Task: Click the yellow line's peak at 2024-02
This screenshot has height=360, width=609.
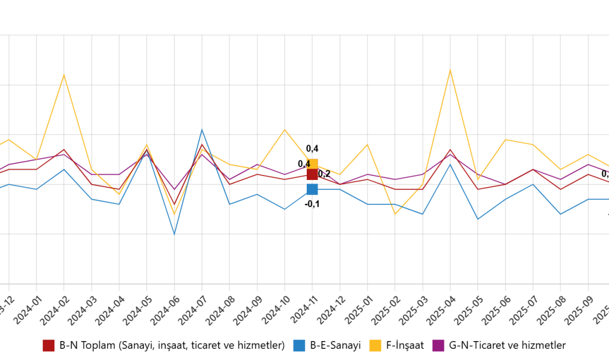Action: (64, 75)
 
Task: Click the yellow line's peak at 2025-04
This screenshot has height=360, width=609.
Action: (450, 69)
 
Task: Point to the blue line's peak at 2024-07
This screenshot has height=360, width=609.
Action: (202, 130)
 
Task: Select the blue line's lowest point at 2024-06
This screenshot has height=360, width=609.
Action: (174, 234)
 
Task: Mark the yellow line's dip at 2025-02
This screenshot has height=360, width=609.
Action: (395, 214)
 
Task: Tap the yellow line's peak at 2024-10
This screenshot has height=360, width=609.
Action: (285, 130)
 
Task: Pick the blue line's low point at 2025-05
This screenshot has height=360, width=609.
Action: (478, 219)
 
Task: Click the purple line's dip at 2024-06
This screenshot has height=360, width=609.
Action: (174, 190)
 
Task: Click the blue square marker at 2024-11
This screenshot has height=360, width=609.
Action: (312, 189)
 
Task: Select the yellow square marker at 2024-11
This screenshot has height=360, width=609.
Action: (312, 164)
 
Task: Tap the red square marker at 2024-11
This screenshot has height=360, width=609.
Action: (312, 174)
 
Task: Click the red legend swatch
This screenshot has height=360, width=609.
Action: (49, 346)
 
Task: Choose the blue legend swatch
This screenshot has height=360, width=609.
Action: (299, 346)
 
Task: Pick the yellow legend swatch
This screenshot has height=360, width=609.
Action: (375, 346)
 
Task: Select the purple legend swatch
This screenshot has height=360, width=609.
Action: (438, 346)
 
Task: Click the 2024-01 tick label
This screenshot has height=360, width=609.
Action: (28, 311)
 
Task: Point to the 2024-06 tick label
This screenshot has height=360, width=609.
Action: (166, 311)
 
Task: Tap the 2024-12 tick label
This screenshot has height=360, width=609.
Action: (331, 311)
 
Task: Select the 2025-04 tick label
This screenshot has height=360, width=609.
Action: (441, 311)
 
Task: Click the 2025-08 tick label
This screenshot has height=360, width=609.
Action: (551, 311)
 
